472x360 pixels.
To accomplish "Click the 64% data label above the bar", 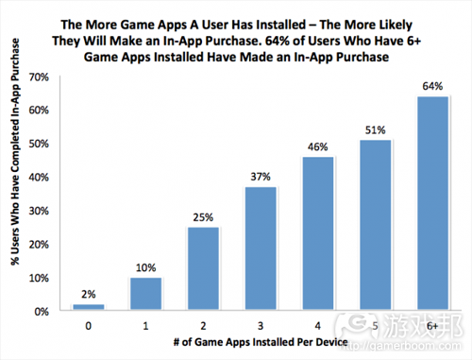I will pos(432,87).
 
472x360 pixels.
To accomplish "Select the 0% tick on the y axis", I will pos(42,311).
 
